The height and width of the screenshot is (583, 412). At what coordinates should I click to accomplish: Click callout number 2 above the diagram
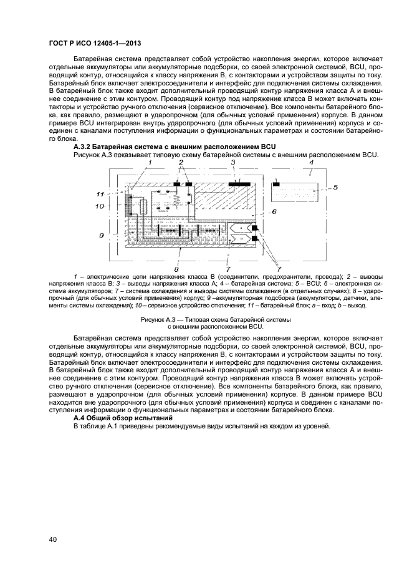pos(181,162)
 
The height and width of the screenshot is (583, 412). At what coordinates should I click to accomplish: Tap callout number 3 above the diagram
pos(233,162)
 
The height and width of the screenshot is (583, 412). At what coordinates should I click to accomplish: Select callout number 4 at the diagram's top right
pos(310,162)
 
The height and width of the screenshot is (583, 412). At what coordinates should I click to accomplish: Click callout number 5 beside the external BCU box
pos(334,186)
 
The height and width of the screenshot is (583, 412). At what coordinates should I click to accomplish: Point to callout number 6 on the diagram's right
pos(272,212)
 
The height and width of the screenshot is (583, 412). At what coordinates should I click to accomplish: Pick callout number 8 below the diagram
pos(176,269)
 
